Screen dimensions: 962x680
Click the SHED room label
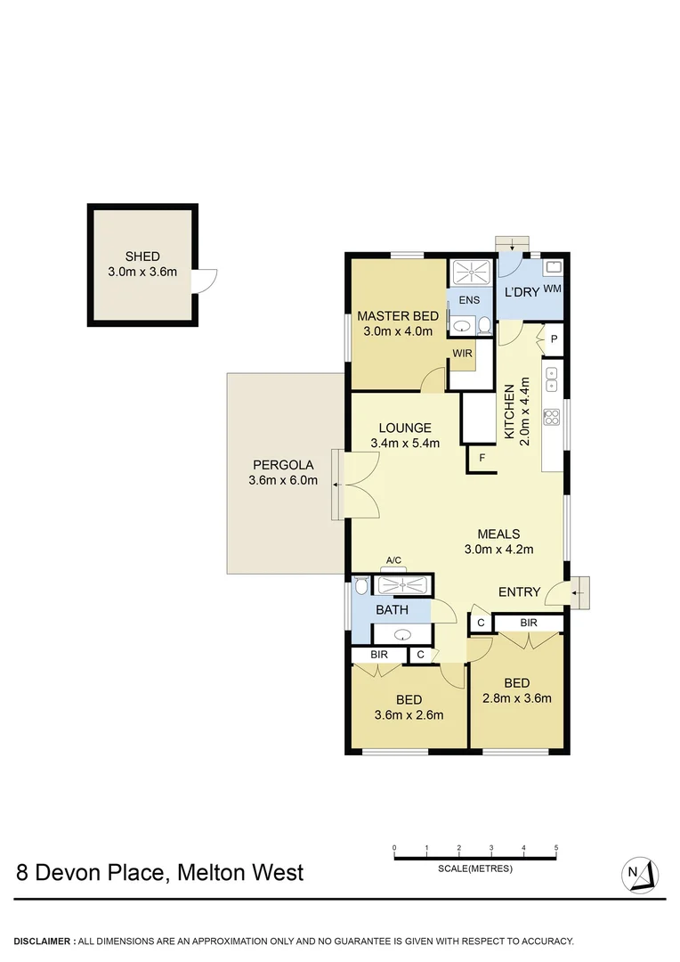pos(142,257)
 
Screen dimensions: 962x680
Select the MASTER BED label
pos(397,315)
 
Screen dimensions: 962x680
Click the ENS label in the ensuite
pos(468,300)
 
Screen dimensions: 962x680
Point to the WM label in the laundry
pos(552,289)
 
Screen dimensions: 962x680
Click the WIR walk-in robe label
pos(462,354)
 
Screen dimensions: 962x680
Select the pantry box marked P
pos(553,339)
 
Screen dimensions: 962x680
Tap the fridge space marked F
pos(482,458)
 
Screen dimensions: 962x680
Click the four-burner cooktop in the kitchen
pos(551,415)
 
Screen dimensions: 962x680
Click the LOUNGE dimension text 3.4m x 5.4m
pos(405,443)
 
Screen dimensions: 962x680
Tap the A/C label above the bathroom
pos(393,560)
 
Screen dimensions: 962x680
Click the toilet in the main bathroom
pos(360,585)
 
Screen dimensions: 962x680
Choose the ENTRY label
pos(519,591)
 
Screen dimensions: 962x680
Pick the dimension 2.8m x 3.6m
pos(516,697)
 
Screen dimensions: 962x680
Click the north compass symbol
pos(639,873)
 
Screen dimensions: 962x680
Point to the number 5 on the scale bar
pos(556,847)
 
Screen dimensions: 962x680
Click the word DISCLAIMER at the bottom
pos(44,941)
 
